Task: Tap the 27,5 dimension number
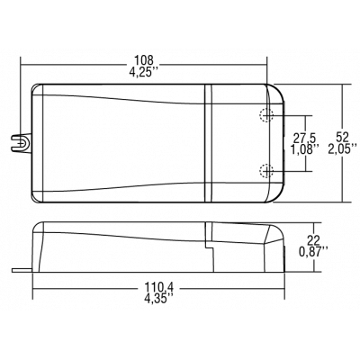click(x=306, y=136)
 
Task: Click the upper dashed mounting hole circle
click(x=265, y=114)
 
